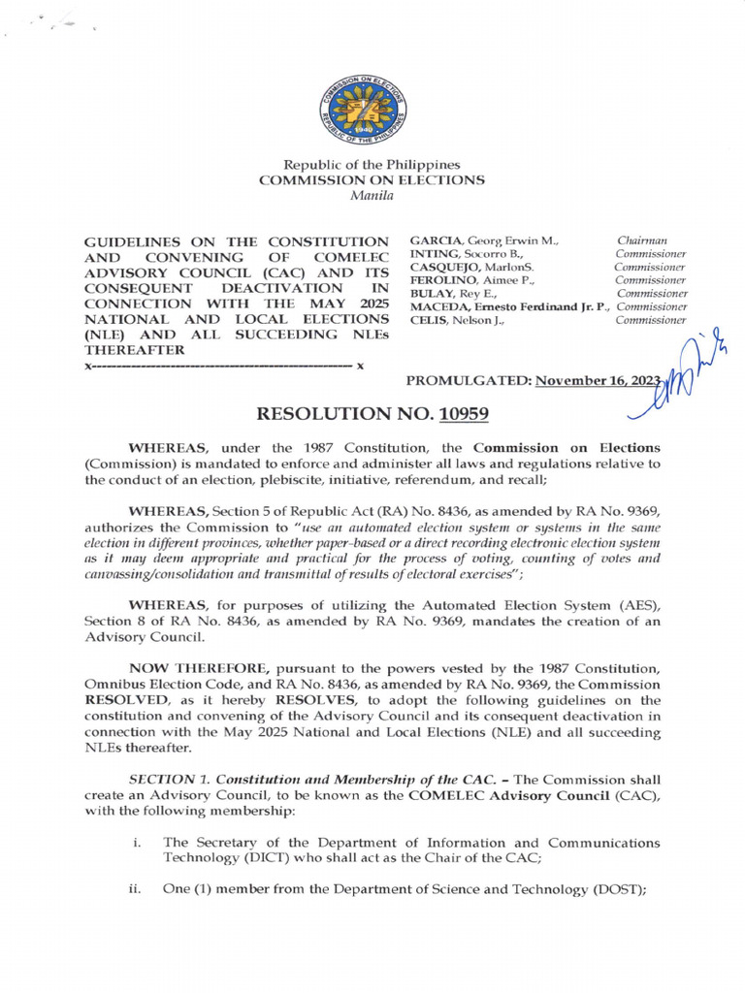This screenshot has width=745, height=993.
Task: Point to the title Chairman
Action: point(641,240)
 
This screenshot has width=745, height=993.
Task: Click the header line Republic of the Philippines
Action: point(372,166)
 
